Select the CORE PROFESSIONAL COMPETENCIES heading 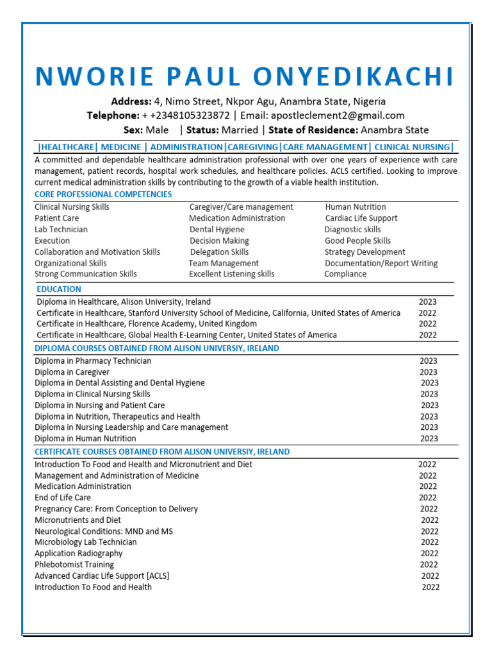pos(103,194)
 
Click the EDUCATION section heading pos(59,289)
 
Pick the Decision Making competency pos(219,241)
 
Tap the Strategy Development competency pos(365,252)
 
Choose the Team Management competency pos(224,263)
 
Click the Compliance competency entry pos(345,274)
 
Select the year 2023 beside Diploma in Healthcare pos(428,302)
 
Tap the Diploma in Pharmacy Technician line pos(93,361)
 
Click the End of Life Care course pos(63,497)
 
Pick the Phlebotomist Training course pos(74,565)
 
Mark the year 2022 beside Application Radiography pos(430,553)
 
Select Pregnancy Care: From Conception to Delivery pos(116,509)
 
